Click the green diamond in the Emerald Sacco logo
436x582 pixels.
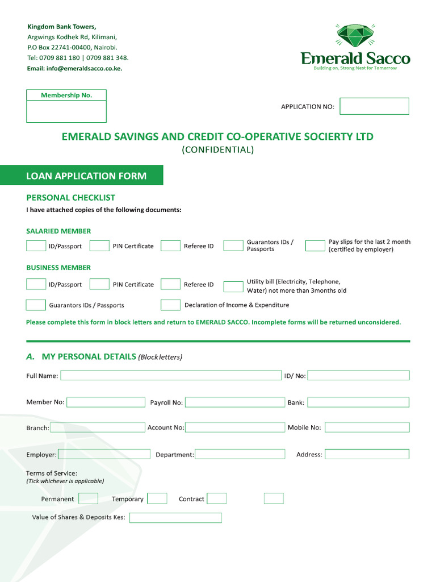[355, 36]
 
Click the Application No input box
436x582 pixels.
[374, 106]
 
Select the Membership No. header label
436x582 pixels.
[66, 95]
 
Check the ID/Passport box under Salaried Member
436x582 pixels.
[36, 246]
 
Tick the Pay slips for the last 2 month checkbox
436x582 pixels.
[315, 246]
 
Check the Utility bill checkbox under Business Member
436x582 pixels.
[233, 286]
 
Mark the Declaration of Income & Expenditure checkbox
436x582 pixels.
[170, 305]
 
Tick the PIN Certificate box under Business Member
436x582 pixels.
[99, 284]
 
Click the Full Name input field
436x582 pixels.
[171, 376]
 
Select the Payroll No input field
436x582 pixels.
[234, 402]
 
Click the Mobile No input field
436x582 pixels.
[367, 427]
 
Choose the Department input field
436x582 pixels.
[240, 454]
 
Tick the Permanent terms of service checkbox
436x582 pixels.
[88, 498]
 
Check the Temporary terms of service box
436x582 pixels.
[157, 498]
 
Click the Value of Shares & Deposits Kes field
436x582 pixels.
[175, 518]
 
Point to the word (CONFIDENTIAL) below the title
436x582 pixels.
[217, 150]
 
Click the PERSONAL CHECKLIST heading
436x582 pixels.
[71, 198]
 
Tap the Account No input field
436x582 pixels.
[234, 427]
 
